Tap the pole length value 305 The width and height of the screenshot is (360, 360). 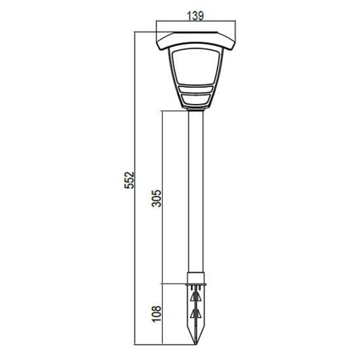click(x=156, y=198)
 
